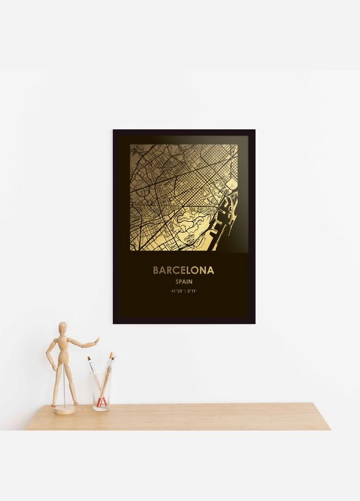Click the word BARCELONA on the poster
coord(183,271)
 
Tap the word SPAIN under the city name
coord(183,282)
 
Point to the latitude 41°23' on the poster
coord(177,291)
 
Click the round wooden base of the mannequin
coord(64,410)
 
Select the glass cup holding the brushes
coord(101,391)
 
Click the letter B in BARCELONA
coord(157,271)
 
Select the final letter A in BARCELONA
coord(210,271)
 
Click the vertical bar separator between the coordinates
coord(184,291)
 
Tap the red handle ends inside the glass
coord(101,401)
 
